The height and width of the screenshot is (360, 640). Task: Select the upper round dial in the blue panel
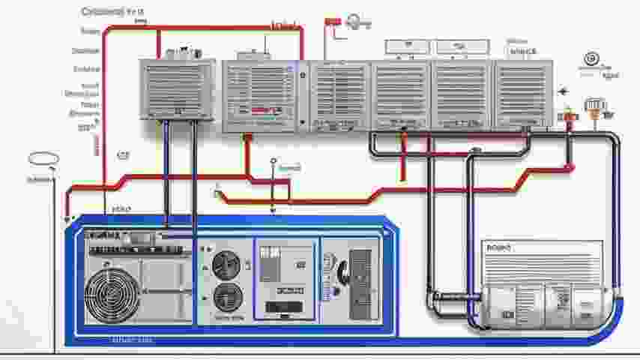226,265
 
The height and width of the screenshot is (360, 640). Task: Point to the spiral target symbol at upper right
591,58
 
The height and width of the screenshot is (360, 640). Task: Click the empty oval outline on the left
43,159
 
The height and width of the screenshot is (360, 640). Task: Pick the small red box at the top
332,22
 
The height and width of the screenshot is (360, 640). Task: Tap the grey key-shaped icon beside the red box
356,23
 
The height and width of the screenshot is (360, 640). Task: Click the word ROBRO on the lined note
498,247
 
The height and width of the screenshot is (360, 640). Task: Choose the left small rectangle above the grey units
408,46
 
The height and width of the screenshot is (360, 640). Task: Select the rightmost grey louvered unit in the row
523,93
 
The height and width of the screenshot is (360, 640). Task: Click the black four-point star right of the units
564,91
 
